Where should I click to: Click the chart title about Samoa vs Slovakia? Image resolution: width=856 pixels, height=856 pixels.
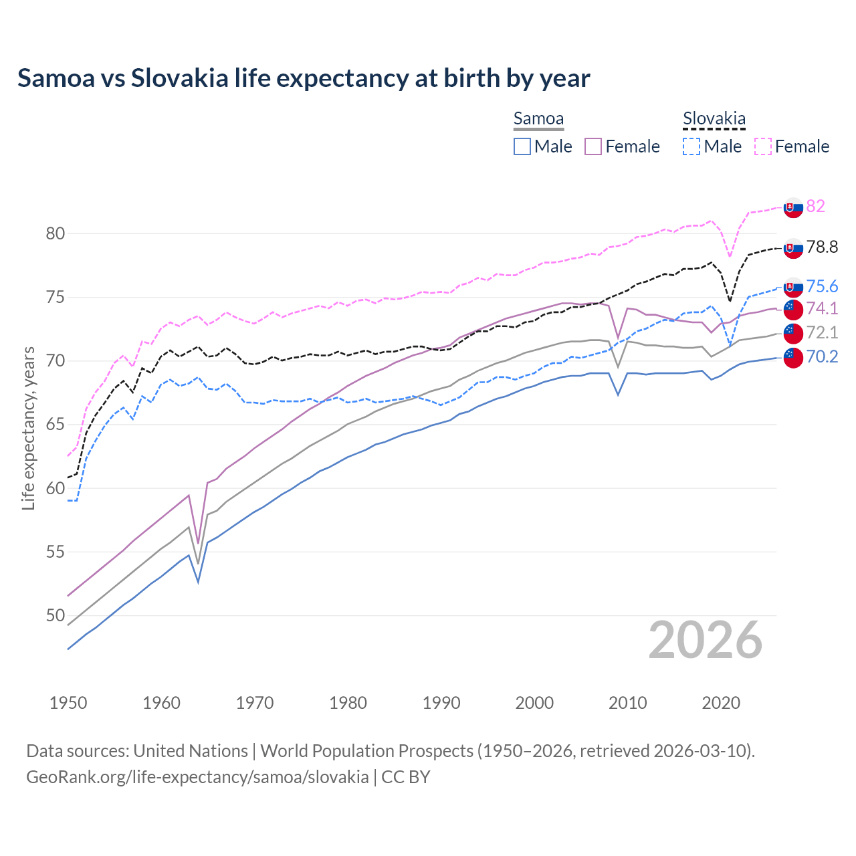click(304, 78)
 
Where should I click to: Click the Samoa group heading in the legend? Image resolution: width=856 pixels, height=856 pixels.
click(538, 118)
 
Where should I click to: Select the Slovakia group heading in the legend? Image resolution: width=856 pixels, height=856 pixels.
click(714, 118)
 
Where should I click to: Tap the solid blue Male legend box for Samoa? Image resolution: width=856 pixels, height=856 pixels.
click(522, 146)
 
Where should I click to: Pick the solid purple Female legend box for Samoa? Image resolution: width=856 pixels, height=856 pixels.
click(593, 146)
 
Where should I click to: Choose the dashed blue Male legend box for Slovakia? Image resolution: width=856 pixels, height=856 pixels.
click(691, 146)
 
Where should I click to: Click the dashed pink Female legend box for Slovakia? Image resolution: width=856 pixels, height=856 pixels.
click(763, 146)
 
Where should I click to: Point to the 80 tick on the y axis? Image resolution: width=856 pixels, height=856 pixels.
click(56, 233)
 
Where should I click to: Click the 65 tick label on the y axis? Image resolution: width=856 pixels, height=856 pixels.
click(56, 425)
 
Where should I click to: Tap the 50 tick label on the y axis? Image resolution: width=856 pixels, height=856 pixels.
click(56, 615)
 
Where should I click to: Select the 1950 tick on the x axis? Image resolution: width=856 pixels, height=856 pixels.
click(68, 703)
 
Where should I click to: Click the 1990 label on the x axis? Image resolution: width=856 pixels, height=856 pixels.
click(441, 703)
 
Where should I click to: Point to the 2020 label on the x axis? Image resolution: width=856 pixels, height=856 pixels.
click(721, 703)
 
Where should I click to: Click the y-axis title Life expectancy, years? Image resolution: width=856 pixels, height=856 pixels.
click(28, 428)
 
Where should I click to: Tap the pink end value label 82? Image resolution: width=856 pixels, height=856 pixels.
click(815, 206)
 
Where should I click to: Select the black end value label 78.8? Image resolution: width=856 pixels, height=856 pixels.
click(822, 247)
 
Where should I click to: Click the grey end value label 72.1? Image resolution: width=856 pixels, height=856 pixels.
click(822, 332)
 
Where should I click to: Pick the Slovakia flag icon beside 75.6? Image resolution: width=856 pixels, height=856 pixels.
click(793, 288)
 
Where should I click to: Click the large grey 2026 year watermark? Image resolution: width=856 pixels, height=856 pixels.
click(705, 640)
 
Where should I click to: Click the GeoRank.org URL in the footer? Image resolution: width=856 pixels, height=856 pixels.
click(197, 776)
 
